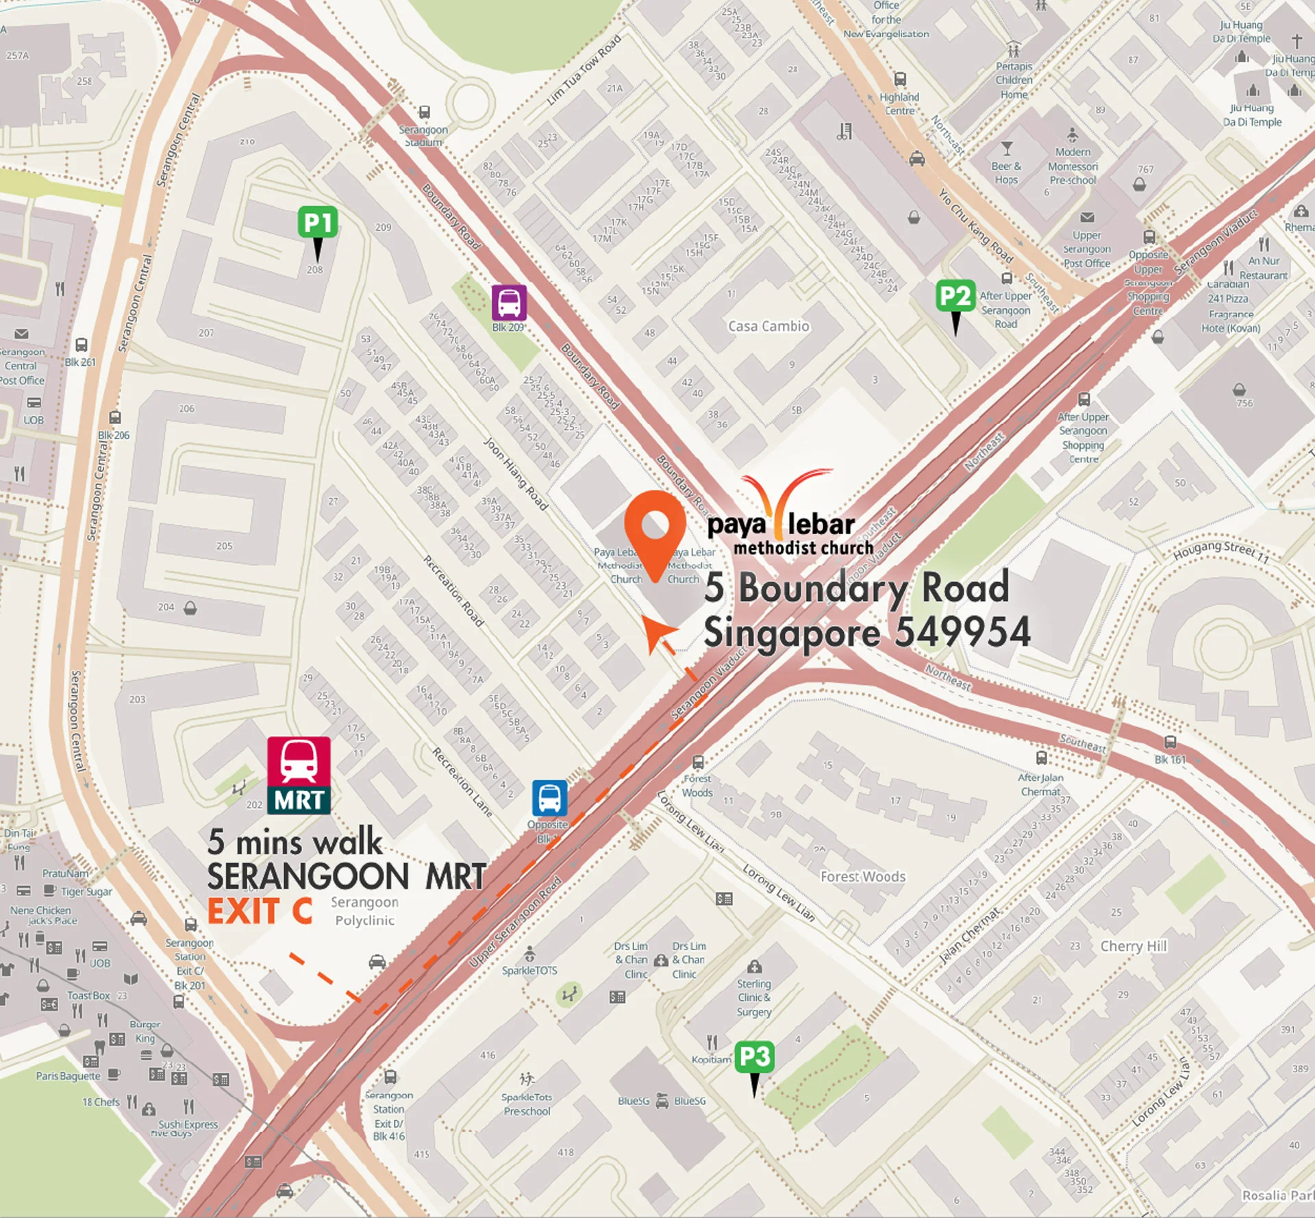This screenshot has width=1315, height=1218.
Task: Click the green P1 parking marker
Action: [318, 223]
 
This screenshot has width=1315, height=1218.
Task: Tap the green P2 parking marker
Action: [955, 296]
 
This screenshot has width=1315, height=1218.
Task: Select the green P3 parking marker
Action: [754, 1057]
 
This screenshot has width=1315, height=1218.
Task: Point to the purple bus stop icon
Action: [509, 302]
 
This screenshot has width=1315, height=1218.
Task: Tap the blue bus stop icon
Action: [549, 797]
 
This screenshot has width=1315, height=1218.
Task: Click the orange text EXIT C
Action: [260, 911]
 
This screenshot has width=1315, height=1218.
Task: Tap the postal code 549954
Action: [962, 632]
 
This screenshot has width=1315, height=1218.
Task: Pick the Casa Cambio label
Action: [768, 326]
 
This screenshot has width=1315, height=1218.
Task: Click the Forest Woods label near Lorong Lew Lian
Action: [862, 877]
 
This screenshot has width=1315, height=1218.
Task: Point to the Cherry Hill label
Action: [1133, 946]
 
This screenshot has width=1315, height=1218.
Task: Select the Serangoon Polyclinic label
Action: [364, 911]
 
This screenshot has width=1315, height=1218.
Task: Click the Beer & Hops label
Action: [1006, 173]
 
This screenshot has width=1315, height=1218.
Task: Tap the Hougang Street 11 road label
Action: [1221, 551]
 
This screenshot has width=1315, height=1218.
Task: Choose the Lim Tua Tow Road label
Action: [584, 70]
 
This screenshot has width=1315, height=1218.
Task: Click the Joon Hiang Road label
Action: [516, 474]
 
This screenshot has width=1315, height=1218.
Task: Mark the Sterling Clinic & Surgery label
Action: [753, 997]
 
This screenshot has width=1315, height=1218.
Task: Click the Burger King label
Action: [145, 1031]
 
